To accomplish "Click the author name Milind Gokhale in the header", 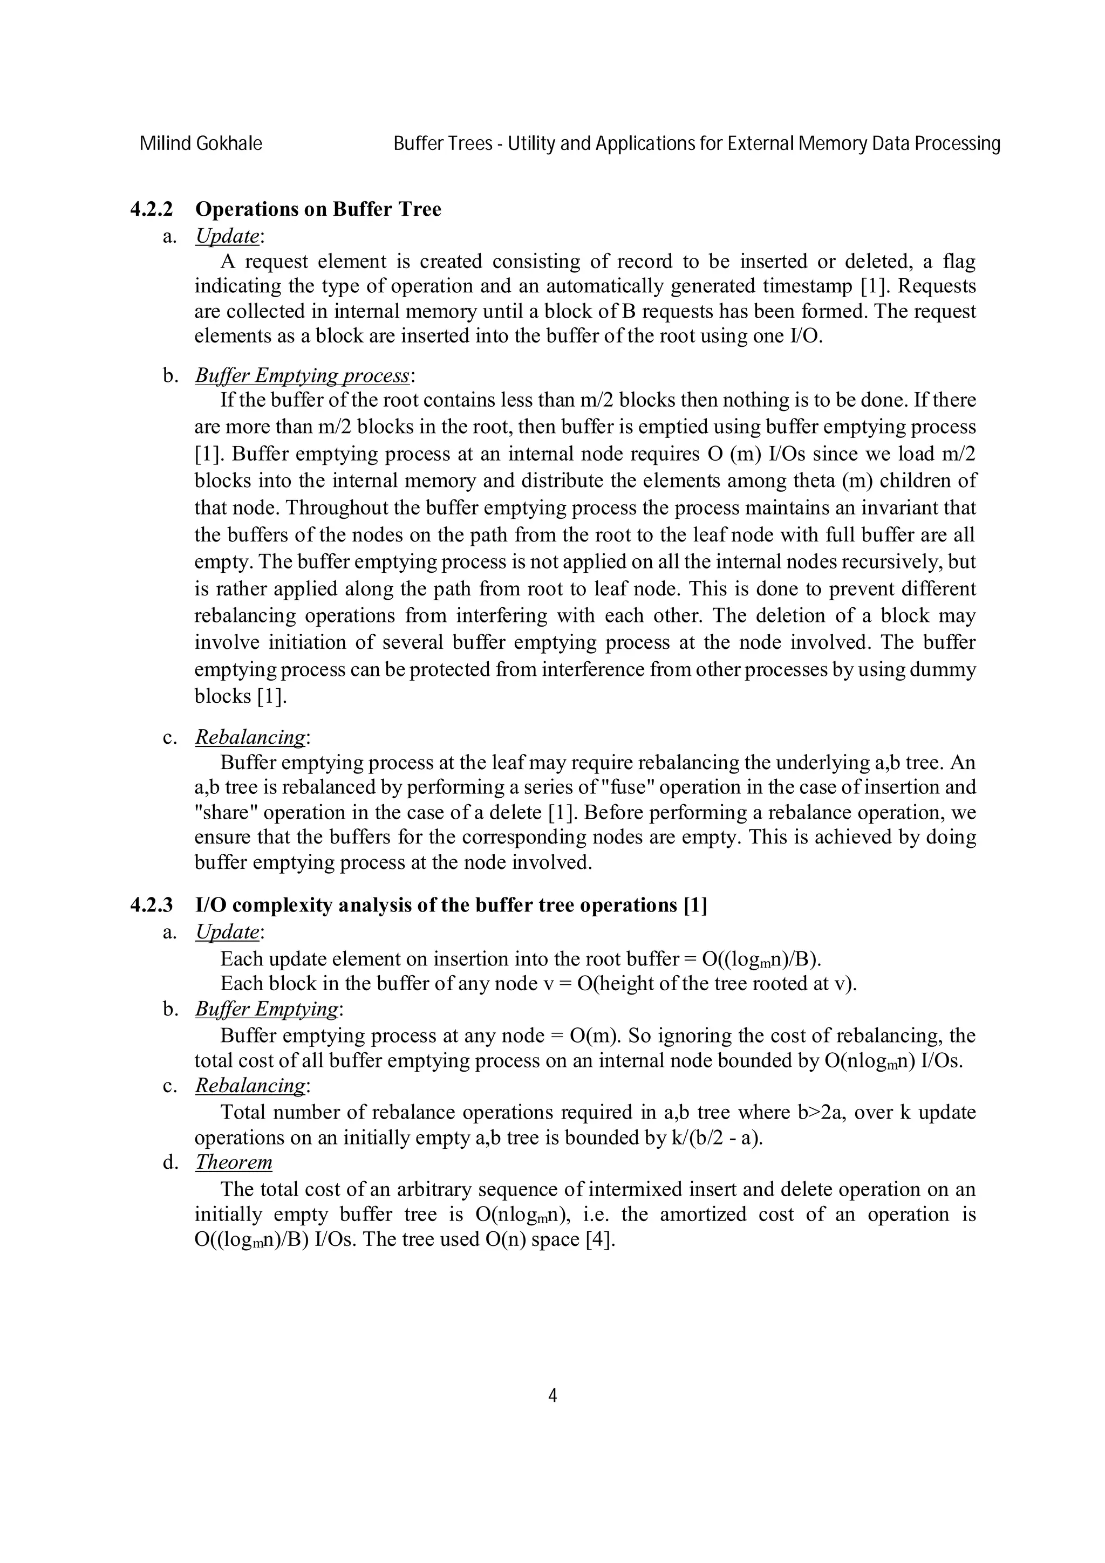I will coord(200,143).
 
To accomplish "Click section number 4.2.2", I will coord(151,209).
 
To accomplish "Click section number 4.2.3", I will coord(151,906).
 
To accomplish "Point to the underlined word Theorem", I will coord(234,1162).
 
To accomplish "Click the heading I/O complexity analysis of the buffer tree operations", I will coord(436,906).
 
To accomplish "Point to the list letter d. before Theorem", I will coord(169,1163).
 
